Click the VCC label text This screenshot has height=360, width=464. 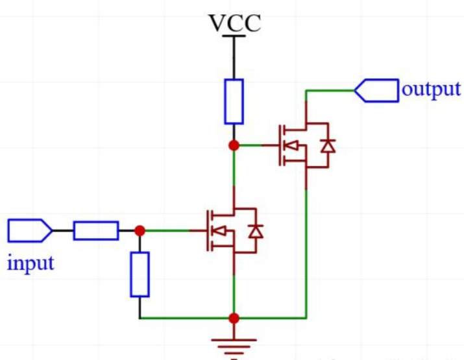(234, 23)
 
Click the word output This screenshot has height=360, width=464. (431, 88)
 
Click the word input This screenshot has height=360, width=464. (31, 263)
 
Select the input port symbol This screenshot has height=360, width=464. (30, 230)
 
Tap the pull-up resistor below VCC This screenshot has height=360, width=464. (234, 101)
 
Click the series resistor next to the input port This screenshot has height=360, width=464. (95, 230)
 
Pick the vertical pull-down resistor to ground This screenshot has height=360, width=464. (140, 274)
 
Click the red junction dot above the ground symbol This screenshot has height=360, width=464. (234, 318)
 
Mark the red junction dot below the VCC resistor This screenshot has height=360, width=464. (234, 145)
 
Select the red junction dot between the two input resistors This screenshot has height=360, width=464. (140, 230)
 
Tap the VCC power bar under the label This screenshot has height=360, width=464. (234, 37)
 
